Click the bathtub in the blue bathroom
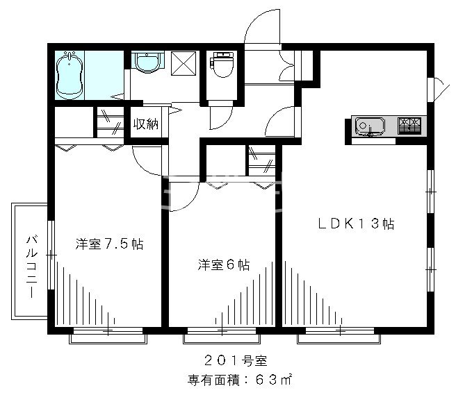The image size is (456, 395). pos(70,74)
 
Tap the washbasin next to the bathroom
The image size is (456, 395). pos(147,64)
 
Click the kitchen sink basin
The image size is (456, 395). pos(369,126)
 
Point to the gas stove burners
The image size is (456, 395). pos(409,125)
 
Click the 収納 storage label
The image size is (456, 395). pos(146,125)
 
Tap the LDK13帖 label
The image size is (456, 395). pos(357,224)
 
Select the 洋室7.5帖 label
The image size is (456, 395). pos(109,244)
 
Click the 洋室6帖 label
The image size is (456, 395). pos(223,264)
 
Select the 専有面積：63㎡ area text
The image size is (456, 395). pos(239,380)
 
